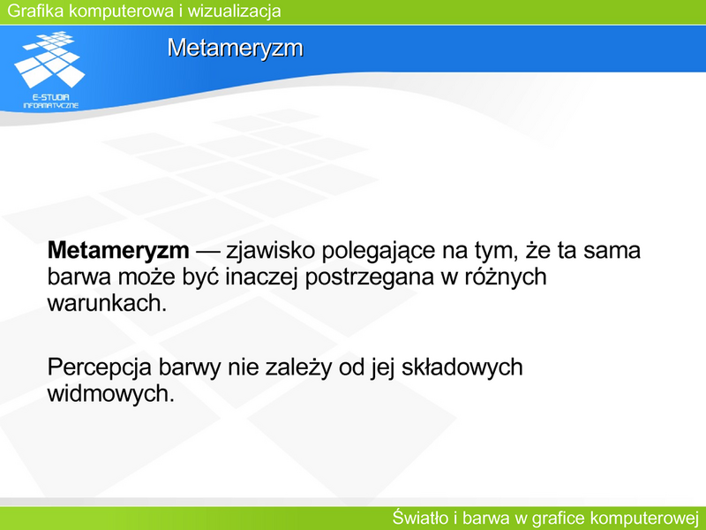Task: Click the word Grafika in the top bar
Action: click(x=35, y=11)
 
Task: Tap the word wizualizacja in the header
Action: click(x=234, y=11)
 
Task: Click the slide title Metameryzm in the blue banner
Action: click(x=236, y=48)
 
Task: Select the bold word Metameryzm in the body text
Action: click(x=118, y=251)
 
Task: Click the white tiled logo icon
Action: click(x=49, y=59)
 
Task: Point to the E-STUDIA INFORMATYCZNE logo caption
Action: click(x=51, y=102)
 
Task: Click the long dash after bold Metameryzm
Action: click(x=207, y=252)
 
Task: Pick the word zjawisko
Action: click(x=270, y=251)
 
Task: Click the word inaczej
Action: click(x=261, y=277)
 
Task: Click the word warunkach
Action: click(x=107, y=303)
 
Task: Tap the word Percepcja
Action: click(x=99, y=368)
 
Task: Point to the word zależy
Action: click(x=298, y=368)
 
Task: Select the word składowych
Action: click(x=462, y=368)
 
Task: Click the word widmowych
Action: click(x=111, y=394)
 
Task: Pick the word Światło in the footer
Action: click(x=421, y=518)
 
